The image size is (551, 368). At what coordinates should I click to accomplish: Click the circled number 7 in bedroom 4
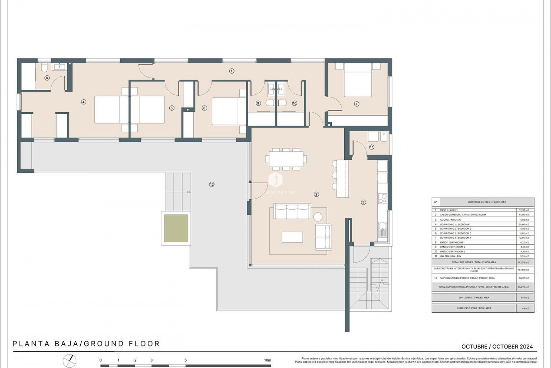(356, 104)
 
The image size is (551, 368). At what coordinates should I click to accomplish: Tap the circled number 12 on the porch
(212, 184)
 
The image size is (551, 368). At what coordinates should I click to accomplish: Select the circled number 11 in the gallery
(372, 147)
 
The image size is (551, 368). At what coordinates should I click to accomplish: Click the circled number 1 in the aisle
(232, 71)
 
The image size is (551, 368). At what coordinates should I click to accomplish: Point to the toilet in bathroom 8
(44, 68)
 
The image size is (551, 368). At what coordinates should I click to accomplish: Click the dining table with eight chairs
(286, 159)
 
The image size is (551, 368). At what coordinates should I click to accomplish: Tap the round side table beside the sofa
(317, 216)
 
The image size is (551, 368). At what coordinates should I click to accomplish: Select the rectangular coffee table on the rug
(292, 237)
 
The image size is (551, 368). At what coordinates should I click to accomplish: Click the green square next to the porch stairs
(176, 228)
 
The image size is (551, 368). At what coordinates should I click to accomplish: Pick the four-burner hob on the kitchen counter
(383, 198)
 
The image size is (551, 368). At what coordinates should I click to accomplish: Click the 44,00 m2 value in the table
(524, 215)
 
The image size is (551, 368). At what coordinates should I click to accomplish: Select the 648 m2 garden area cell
(525, 298)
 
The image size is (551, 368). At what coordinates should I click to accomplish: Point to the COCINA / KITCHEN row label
(450, 220)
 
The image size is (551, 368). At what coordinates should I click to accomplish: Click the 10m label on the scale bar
(267, 360)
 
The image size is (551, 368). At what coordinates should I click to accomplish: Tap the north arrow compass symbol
(70, 361)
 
